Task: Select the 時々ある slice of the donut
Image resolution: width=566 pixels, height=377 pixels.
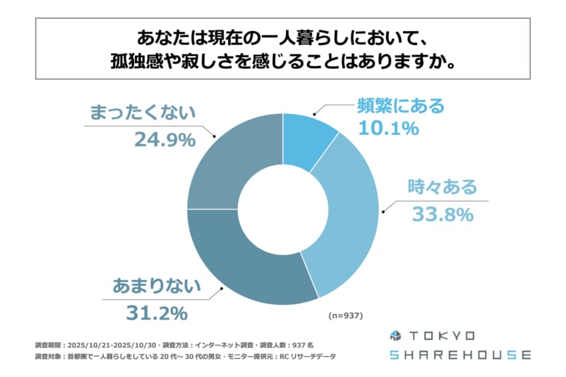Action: coord(344,217)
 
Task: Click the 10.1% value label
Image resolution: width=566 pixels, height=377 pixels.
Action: coord(388,129)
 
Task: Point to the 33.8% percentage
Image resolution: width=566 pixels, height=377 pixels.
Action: coord(442,215)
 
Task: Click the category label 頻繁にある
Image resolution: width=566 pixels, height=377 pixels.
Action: coord(400,106)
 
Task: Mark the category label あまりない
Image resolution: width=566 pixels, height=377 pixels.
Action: coord(156,287)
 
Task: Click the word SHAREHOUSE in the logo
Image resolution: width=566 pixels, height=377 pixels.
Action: coord(459,355)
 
